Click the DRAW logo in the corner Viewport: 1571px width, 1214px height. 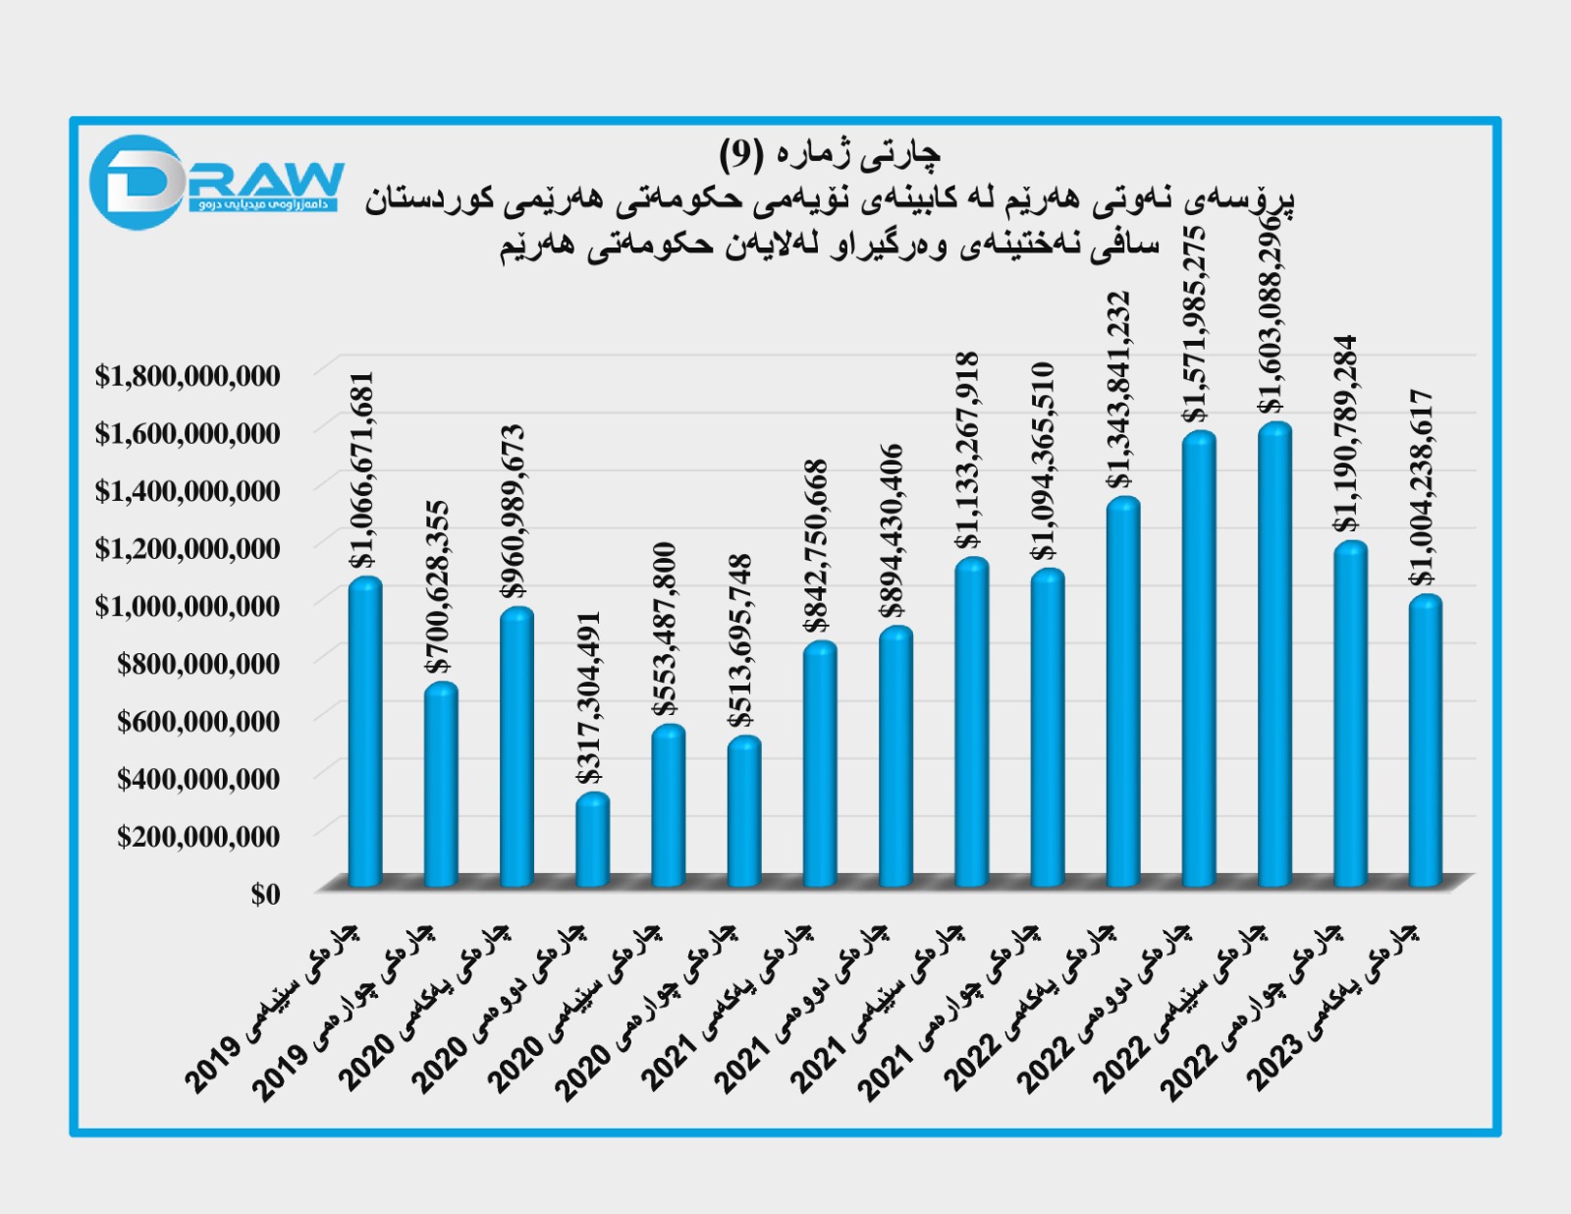pos(216,182)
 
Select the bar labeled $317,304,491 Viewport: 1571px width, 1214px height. pos(592,840)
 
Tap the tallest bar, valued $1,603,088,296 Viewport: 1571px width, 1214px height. pos(1274,653)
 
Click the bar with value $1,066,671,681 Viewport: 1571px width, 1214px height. pos(365,732)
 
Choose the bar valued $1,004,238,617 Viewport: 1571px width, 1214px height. pos(1426,741)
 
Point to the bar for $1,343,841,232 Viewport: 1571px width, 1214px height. pos(1123,691)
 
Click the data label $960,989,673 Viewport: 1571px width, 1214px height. pos(514,511)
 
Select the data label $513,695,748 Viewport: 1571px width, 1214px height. pos(740,640)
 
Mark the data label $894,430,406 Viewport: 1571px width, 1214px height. pos(892,531)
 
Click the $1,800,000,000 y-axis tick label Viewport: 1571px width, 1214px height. pos(188,375)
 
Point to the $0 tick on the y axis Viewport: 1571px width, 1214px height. pos(265,894)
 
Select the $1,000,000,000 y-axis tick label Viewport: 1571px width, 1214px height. pos(188,606)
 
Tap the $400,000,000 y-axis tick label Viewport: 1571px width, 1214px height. pos(198,779)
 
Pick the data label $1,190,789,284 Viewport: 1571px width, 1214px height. pos(1346,433)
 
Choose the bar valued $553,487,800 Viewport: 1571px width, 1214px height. pos(668,805)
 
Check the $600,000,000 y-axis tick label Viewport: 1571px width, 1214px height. pos(198,722)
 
